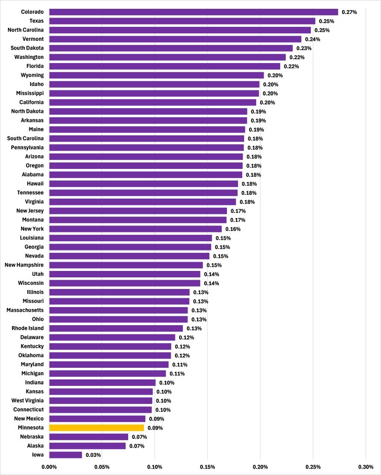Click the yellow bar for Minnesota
click(x=97, y=428)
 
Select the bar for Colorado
click(x=194, y=12)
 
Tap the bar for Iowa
click(x=65, y=455)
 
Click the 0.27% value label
click(x=349, y=12)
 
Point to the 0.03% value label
click(x=93, y=455)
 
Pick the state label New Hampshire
click(x=24, y=265)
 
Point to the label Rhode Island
click(x=28, y=328)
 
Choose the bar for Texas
click(x=182, y=21)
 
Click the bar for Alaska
click(x=87, y=446)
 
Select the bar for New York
click(x=136, y=229)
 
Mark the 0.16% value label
click(x=233, y=229)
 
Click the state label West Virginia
click(x=28, y=400)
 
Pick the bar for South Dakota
click(x=171, y=48)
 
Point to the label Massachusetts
click(x=25, y=310)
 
